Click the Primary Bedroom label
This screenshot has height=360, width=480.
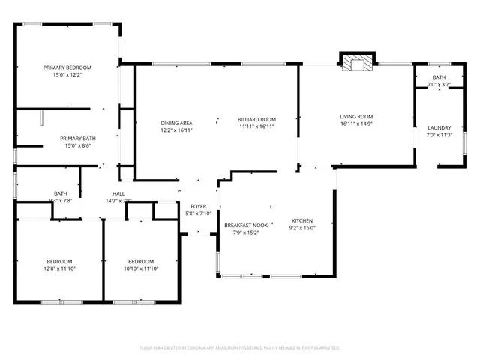[67, 67]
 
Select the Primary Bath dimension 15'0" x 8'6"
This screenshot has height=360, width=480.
[77, 145]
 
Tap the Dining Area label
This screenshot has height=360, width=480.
[176, 123]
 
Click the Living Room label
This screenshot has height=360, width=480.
[356, 116]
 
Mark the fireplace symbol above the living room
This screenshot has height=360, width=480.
[357, 63]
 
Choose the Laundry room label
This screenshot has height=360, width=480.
[439, 127]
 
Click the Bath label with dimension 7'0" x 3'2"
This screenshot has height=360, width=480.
[439, 77]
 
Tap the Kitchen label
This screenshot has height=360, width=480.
[302, 220]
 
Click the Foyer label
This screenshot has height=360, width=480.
[198, 206]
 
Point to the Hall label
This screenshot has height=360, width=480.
[118, 193]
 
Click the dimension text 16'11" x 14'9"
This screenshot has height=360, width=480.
[356, 124]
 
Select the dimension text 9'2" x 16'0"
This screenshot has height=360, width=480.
[302, 228]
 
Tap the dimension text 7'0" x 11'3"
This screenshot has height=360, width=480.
[439, 135]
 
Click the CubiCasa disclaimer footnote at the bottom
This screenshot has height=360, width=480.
[240, 348]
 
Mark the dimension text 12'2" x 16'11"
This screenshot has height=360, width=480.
[176, 130]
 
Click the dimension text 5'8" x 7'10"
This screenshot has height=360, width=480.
[198, 214]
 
